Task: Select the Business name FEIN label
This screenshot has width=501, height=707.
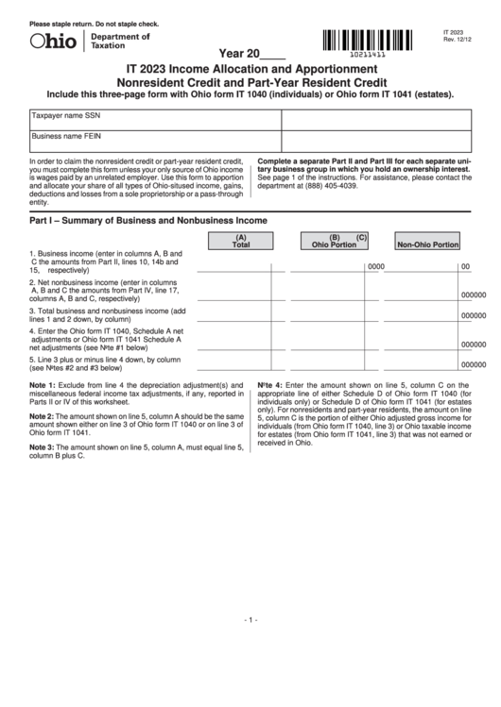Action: coord(67,136)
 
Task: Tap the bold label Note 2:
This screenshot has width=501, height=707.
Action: coord(43,416)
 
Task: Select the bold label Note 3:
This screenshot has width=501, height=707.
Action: coord(43,446)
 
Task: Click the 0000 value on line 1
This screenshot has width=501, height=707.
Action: coord(375,267)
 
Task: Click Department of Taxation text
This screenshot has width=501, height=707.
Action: coord(119,41)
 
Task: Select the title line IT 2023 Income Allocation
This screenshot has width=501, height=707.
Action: coord(250,70)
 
